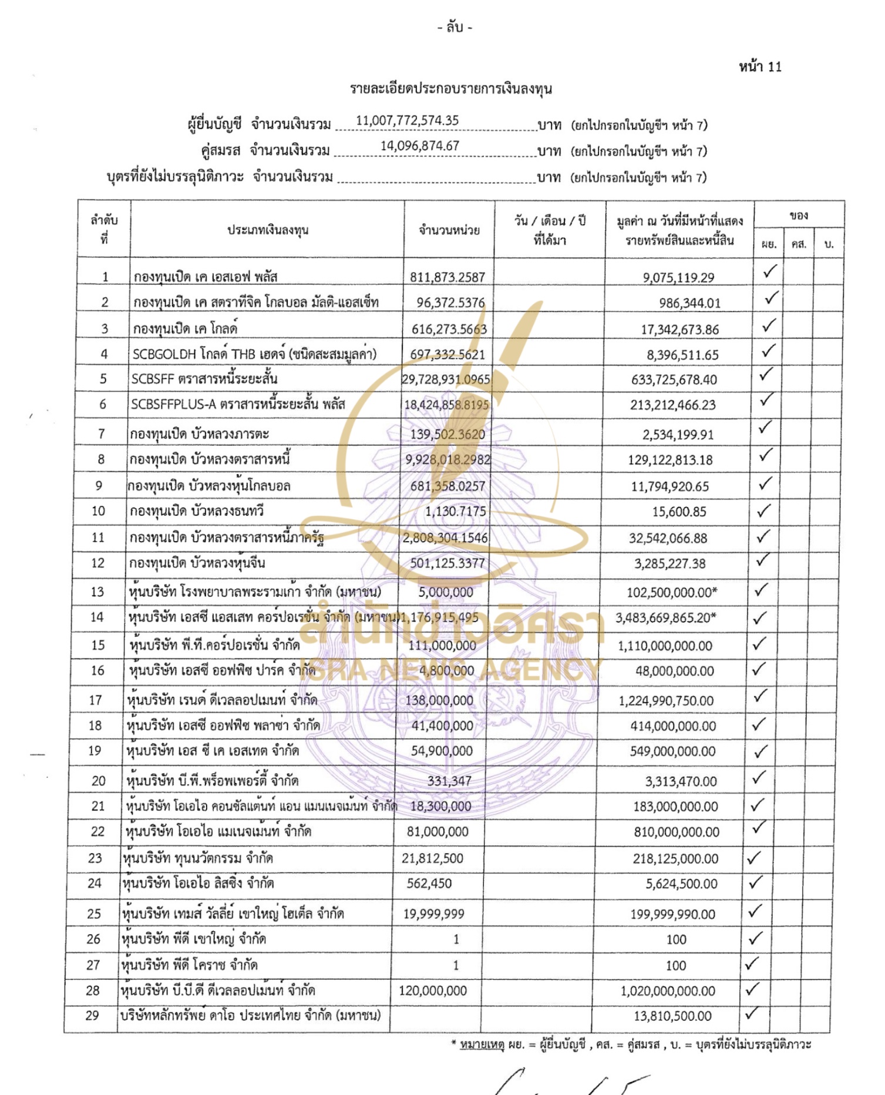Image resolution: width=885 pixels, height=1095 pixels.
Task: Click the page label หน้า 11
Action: [x=760, y=67]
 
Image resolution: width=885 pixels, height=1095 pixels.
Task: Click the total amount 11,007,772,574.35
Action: [x=407, y=121]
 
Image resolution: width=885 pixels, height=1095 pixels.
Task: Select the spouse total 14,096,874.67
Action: [x=419, y=146]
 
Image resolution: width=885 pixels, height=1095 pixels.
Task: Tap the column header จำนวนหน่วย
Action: [x=449, y=230]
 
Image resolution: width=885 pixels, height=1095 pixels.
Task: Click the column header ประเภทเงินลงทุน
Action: [x=268, y=230]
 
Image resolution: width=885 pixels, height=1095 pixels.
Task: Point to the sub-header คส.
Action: [x=798, y=244]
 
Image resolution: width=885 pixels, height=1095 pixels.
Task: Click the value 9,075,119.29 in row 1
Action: [x=678, y=277]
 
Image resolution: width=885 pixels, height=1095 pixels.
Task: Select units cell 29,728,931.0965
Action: [x=446, y=379]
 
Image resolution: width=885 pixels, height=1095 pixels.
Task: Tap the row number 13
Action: [x=97, y=592]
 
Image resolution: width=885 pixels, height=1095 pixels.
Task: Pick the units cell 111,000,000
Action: [x=442, y=645]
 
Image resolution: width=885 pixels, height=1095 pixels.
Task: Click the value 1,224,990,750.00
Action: [x=666, y=700]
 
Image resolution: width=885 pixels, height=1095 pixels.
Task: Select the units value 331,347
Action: [x=449, y=781]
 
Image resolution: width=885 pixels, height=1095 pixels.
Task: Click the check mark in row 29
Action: [x=752, y=1014]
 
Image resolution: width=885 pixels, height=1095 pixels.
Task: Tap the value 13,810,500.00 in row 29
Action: [x=672, y=1016]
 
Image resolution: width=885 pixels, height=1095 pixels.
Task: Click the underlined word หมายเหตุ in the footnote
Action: [x=482, y=1044]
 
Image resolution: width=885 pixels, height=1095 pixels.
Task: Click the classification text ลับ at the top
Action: [x=455, y=27]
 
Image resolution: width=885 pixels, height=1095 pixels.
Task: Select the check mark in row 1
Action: [x=769, y=271]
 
